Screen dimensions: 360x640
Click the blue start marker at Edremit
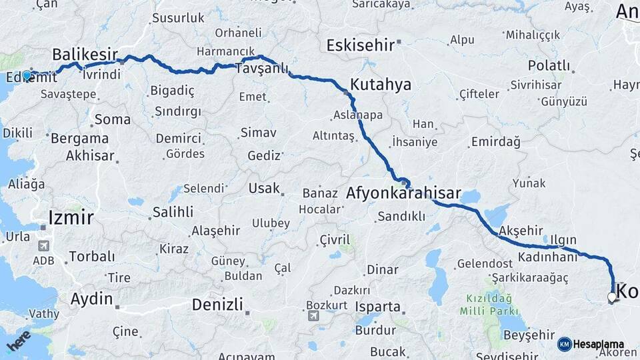click(x=27, y=75)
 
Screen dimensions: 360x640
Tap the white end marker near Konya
click(x=612, y=297)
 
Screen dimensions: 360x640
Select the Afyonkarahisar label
click(x=403, y=194)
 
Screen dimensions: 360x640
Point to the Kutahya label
click(x=381, y=85)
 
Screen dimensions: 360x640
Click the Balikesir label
click(x=85, y=55)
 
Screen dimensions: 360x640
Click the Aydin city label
click(x=91, y=298)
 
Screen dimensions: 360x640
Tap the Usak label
click(x=264, y=188)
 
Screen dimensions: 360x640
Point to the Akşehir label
click(x=522, y=230)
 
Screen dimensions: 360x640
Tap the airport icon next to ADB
click(x=44, y=245)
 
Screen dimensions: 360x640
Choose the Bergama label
click(x=79, y=139)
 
